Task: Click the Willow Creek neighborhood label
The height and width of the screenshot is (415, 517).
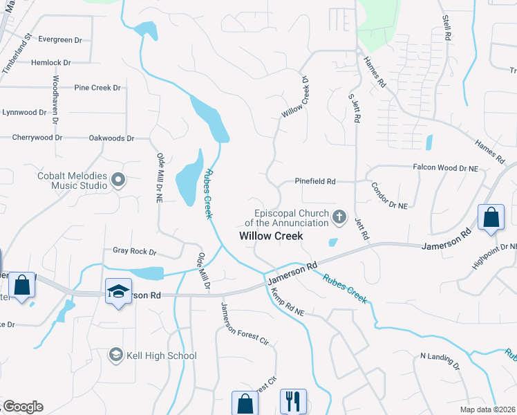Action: (271, 236)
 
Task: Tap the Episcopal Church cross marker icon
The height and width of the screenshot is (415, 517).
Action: (339, 218)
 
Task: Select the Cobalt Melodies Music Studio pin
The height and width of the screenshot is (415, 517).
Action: (117, 181)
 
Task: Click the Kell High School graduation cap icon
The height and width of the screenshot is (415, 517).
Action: (116, 356)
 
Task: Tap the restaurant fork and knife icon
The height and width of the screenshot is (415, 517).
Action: (292, 400)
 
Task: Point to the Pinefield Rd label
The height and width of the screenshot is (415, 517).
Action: (314, 181)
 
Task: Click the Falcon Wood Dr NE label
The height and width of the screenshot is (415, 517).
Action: (445, 167)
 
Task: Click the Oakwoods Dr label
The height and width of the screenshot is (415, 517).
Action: (111, 138)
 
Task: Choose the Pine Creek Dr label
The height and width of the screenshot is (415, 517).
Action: (97, 88)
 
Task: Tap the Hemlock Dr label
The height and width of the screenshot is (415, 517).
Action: (51, 62)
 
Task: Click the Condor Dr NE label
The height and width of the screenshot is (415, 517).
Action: (389, 196)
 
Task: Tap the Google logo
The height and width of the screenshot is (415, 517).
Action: (22, 407)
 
